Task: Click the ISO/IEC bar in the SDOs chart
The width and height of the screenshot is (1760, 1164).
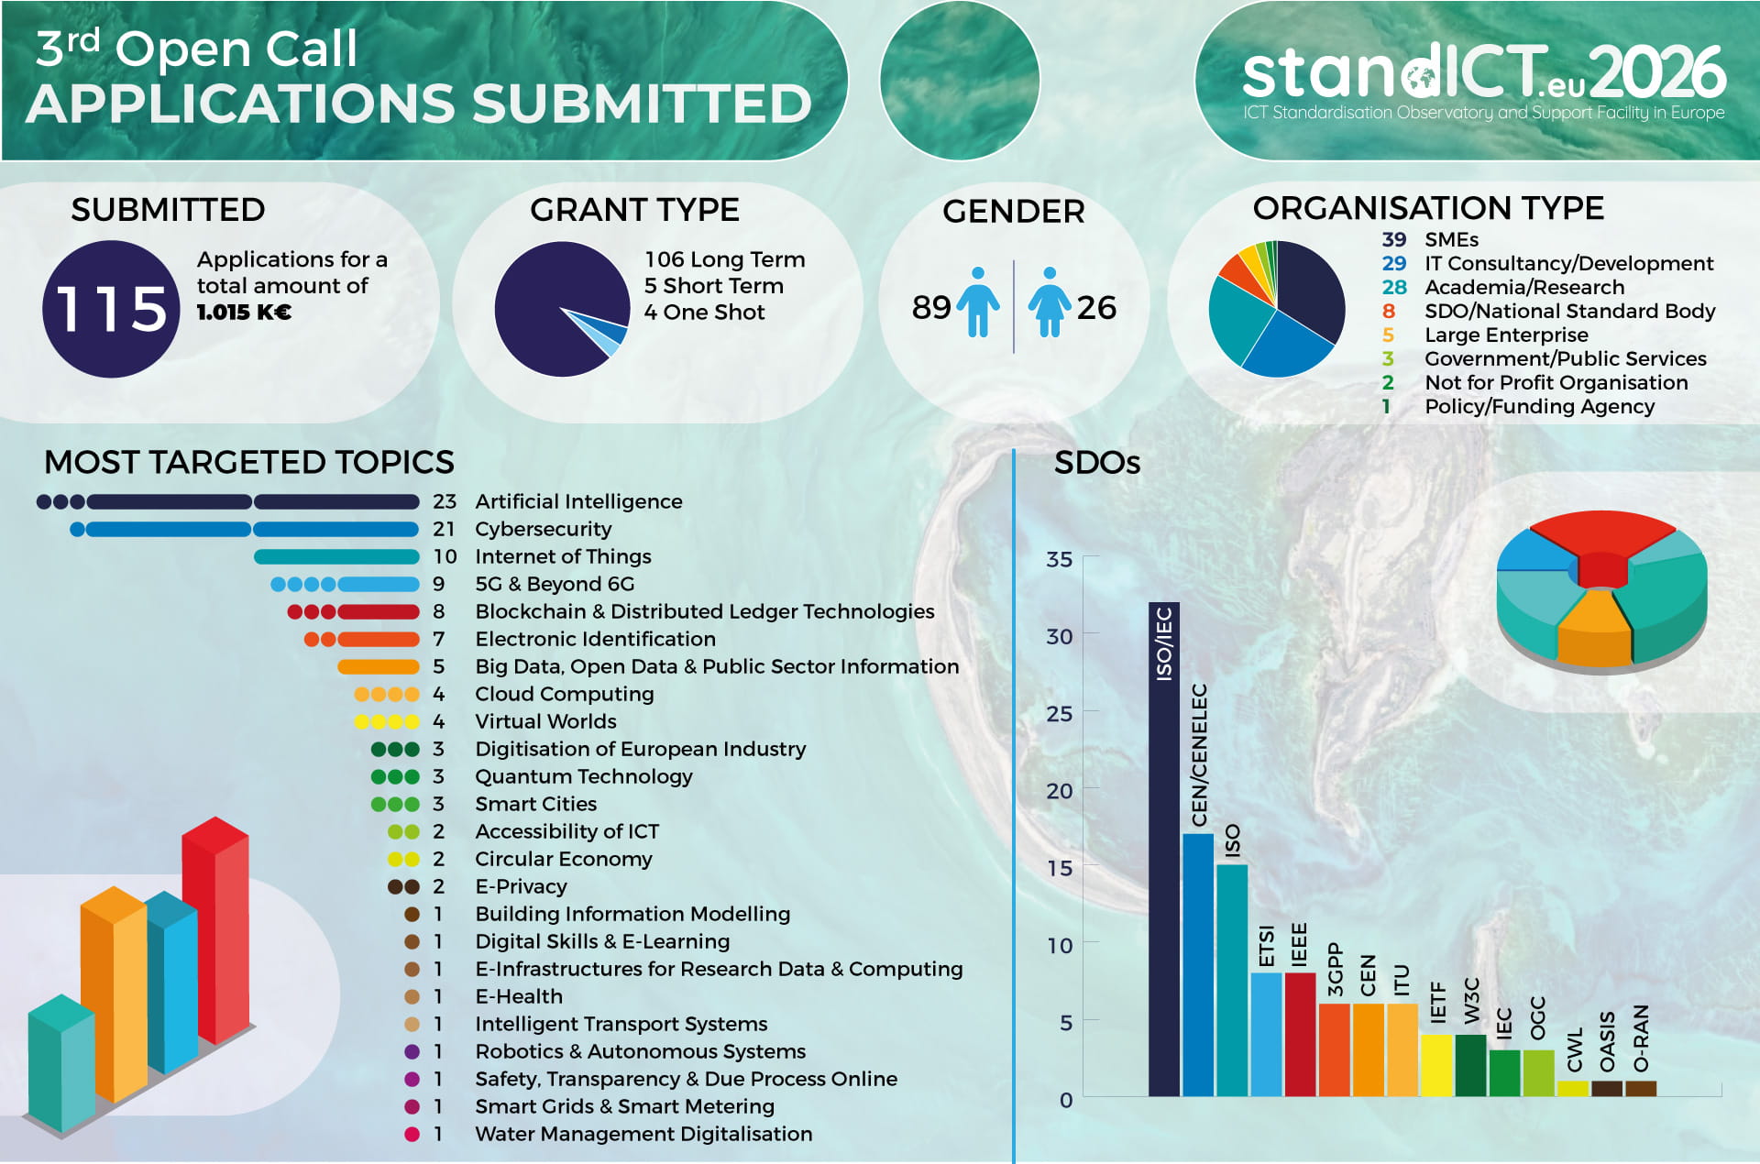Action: [x=1164, y=849]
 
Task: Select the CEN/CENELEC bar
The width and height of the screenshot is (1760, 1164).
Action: [x=1198, y=964]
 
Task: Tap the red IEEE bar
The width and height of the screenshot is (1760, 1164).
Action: [x=1300, y=1034]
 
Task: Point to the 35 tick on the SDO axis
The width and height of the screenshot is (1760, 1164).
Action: [x=1059, y=559]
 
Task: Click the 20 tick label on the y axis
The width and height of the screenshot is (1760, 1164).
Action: [x=1059, y=790]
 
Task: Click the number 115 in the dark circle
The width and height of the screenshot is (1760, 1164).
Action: [x=111, y=309]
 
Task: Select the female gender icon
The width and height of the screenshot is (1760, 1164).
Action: [x=1050, y=302]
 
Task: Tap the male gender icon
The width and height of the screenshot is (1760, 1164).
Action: [x=978, y=302]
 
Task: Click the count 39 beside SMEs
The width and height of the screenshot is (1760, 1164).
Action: [x=1393, y=239]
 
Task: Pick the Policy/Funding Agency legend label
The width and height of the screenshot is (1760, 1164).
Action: [x=1539, y=406]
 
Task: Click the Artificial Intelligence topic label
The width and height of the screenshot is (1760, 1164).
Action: [x=578, y=501]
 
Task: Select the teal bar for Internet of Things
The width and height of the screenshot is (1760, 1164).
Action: [x=336, y=556]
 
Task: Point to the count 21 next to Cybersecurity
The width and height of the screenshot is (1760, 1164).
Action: [x=444, y=529]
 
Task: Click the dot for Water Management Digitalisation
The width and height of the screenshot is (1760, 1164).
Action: [x=412, y=1134]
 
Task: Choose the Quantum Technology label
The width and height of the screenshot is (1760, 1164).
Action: [x=583, y=776]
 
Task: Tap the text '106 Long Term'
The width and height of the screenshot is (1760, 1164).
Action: [x=724, y=259]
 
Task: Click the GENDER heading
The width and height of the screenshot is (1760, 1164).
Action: [x=1013, y=211]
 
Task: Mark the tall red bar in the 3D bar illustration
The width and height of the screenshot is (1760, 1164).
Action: [x=215, y=928]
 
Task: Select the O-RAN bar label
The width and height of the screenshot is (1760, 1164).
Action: [x=1641, y=1038]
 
